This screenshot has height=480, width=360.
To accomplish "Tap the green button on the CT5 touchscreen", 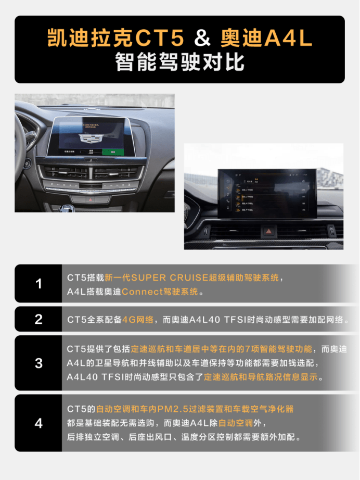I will point(109,151).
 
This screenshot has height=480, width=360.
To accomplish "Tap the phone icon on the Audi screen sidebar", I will point(227,201).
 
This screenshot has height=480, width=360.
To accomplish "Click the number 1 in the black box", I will point(38,284).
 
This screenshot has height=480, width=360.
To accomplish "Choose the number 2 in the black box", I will point(38,319).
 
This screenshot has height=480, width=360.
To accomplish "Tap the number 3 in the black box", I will point(38,363).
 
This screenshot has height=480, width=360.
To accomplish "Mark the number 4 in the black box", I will point(38,423).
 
